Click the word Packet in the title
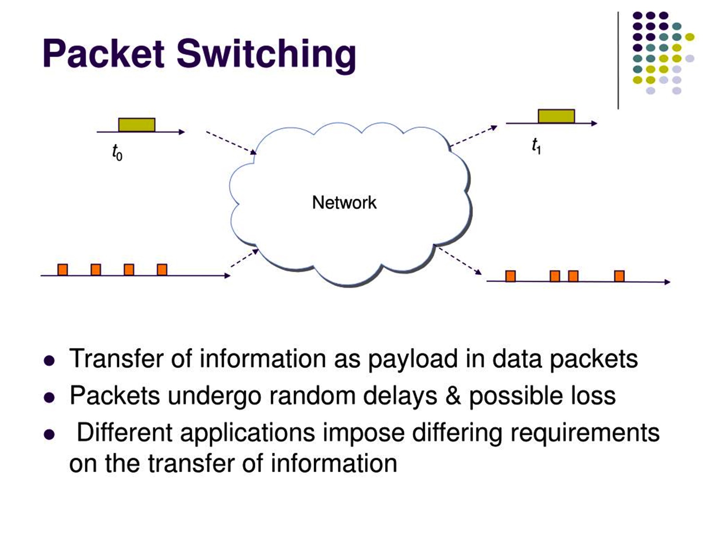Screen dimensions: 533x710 click(103, 54)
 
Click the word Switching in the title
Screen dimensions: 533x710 click(266, 55)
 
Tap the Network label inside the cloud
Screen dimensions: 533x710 click(344, 203)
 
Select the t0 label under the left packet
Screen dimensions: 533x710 click(117, 152)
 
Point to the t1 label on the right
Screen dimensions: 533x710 click(536, 146)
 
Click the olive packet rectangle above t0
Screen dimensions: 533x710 click(137, 125)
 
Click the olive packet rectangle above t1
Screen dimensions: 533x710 click(556, 116)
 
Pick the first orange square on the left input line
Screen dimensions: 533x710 click(63, 270)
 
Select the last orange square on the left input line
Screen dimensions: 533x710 click(162, 270)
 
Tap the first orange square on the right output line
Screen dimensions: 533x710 click(511, 276)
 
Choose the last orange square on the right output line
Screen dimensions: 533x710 click(619, 276)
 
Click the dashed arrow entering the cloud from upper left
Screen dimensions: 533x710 click(231, 142)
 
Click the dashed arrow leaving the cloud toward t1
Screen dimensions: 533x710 click(473, 136)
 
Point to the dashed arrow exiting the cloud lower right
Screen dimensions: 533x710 click(460, 261)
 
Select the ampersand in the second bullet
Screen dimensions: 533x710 click(453, 395)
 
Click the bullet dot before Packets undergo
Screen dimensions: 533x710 click(49, 397)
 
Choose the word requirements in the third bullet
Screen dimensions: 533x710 click(584, 433)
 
